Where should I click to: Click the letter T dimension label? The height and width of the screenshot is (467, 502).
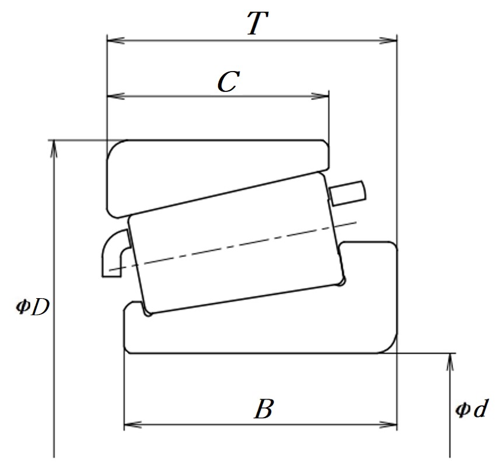coord(258,23)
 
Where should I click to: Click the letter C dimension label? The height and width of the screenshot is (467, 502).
coord(229,82)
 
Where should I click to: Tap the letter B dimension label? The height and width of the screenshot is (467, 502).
coord(264,409)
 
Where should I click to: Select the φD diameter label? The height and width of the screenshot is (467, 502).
coord(33,307)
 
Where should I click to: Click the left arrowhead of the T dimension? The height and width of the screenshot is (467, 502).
coord(115,41)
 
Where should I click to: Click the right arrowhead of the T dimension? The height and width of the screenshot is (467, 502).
coord(388,41)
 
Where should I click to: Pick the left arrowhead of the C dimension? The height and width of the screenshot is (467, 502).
coord(115,96)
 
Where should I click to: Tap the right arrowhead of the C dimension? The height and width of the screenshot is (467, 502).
coord(320,96)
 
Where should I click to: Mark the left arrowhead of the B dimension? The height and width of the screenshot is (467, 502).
coord(132,425)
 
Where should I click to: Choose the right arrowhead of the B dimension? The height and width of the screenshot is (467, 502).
coord(388,425)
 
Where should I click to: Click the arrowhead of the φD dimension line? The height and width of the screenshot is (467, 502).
coord(54,149)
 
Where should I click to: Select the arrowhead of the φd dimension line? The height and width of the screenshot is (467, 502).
coord(450,362)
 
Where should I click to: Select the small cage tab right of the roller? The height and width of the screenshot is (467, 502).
coord(348,193)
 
